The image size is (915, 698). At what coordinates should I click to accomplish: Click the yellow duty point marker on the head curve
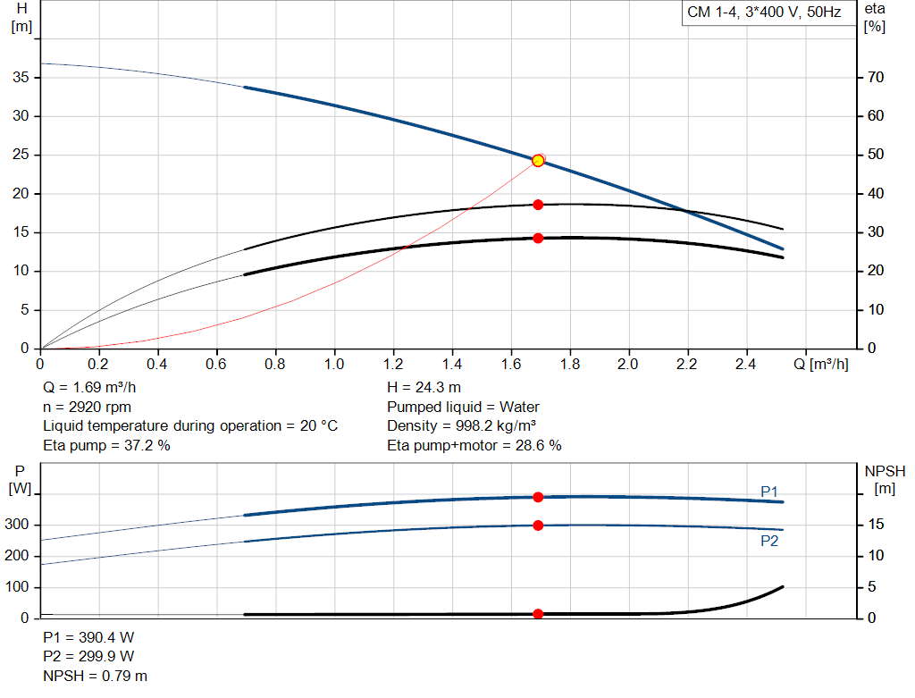click(538, 161)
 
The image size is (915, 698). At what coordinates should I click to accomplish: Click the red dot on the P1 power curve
click(538, 497)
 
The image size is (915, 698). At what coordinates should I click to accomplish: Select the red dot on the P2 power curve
click(538, 526)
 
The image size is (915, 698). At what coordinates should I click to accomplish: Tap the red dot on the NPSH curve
click(538, 614)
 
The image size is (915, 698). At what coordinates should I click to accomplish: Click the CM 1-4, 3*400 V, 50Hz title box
click(764, 13)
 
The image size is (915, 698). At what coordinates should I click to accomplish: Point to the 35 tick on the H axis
click(24, 78)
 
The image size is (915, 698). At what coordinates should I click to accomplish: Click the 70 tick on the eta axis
click(875, 78)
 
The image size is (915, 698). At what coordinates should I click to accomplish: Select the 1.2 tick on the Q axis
click(392, 365)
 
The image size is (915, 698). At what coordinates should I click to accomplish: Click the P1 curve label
click(769, 492)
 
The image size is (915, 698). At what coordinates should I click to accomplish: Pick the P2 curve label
click(769, 541)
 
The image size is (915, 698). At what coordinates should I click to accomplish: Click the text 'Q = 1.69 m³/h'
click(90, 388)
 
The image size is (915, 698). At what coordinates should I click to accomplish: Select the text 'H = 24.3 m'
click(424, 388)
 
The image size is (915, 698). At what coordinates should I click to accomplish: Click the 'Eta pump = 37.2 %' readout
click(106, 445)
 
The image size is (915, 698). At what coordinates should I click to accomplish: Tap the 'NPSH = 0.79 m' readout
click(96, 676)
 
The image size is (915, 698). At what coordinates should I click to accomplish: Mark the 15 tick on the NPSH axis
click(876, 526)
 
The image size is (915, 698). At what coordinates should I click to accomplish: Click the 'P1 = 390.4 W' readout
click(89, 638)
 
